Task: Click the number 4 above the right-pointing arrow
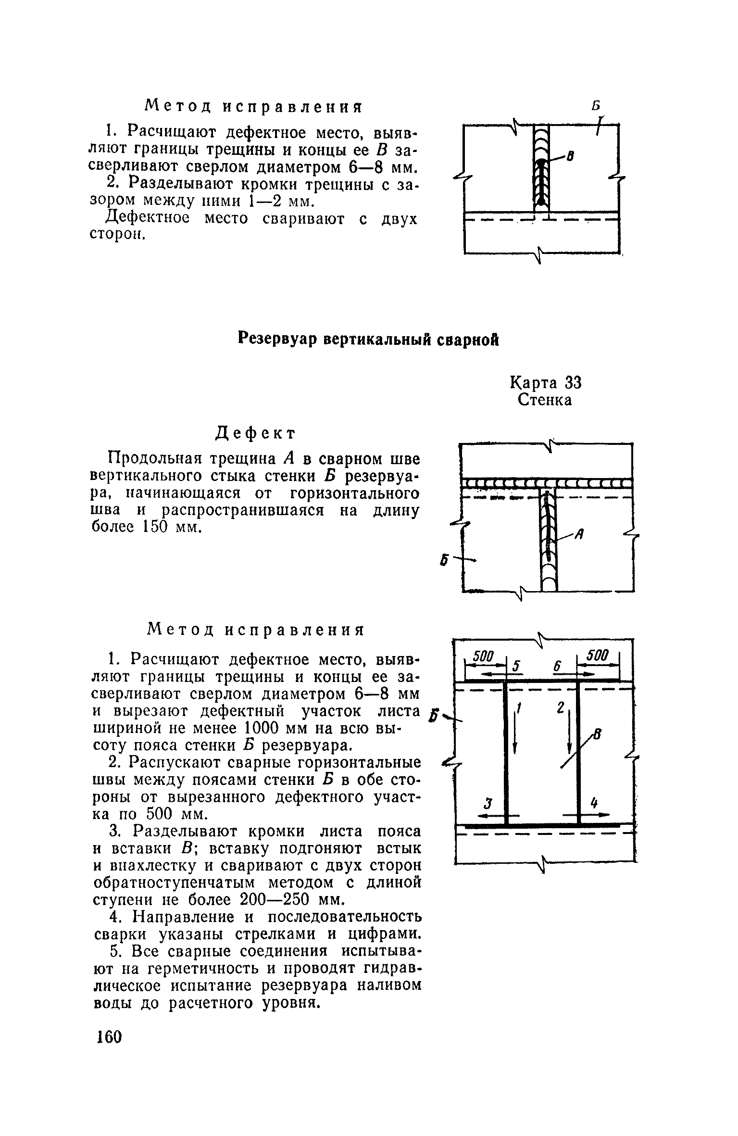pos(594,802)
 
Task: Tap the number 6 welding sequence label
pos(558,667)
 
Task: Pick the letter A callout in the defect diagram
pos(579,533)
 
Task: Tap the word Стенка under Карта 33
pos(545,400)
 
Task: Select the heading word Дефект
pos(255,433)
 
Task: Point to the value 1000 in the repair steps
pos(267,728)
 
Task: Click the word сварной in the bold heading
pos(468,340)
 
